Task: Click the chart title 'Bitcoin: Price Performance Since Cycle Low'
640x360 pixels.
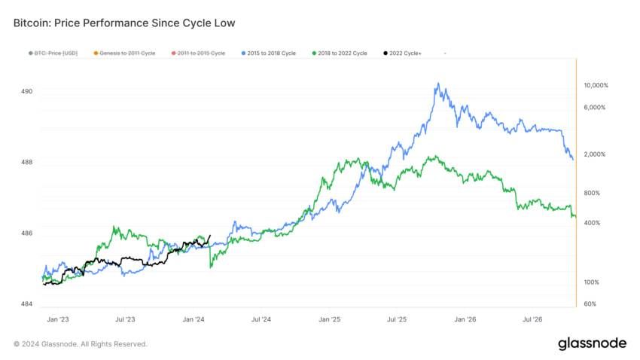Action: pos(124,23)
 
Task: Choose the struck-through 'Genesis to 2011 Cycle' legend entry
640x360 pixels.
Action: pos(125,53)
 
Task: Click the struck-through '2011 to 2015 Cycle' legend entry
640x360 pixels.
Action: pos(199,53)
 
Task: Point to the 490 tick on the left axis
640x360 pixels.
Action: pos(27,92)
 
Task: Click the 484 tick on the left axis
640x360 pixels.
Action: pos(27,304)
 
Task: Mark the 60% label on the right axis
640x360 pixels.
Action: pos(591,304)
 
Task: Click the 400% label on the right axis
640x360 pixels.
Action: pos(593,223)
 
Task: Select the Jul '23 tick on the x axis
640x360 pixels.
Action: pos(125,320)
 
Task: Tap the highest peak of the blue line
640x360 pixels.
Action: pos(437,84)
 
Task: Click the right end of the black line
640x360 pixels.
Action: pos(209,234)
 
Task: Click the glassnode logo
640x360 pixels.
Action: pos(592,343)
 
